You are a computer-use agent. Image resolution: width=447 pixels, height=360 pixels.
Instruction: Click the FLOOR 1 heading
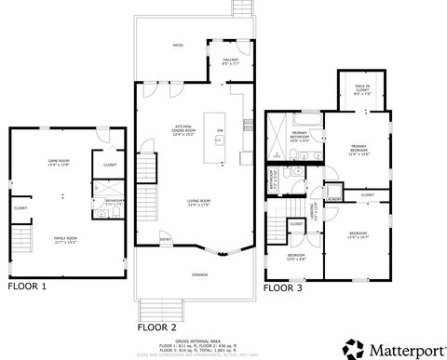coord(28,287)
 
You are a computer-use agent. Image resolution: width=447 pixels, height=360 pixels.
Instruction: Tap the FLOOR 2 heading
coord(157,327)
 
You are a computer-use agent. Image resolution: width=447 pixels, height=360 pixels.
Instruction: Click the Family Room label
coord(65,239)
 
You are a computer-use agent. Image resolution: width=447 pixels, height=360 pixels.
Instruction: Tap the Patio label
coord(177,44)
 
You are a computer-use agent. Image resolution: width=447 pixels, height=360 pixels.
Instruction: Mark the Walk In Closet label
coord(362,90)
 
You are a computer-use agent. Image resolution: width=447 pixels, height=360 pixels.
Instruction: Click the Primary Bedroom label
coord(359,149)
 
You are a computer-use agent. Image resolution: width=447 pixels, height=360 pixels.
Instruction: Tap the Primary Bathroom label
coord(299,136)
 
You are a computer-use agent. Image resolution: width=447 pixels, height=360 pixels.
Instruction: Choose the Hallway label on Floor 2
coord(230,61)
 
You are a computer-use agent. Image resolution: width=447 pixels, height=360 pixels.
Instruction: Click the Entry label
coord(166,239)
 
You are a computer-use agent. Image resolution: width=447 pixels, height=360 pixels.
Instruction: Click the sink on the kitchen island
coord(220,141)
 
